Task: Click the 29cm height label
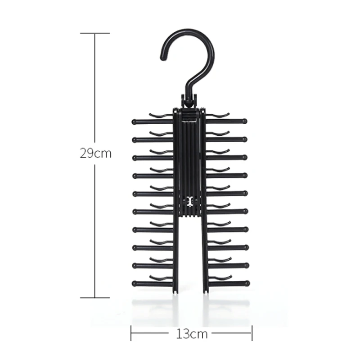(x=95, y=153)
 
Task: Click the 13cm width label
(x=192, y=334)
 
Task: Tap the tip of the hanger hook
(x=163, y=58)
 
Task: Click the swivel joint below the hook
(x=189, y=100)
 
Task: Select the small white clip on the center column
(x=189, y=201)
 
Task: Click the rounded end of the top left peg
(x=135, y=121)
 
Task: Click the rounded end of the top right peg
(x=244, y=121)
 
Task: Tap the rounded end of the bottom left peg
(x=135, y=283)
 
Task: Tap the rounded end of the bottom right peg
(x=247, y=283)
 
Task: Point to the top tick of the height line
(x=95, y=33)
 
